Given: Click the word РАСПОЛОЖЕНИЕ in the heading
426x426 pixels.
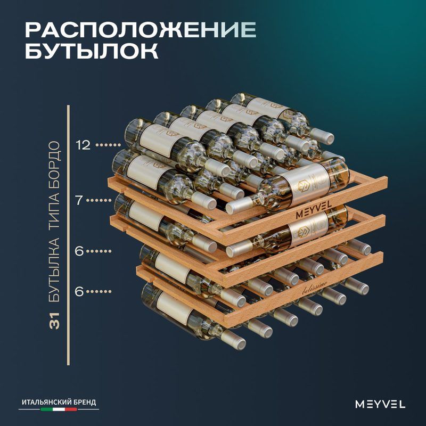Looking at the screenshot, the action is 141,30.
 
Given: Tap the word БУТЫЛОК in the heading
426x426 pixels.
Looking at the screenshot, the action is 92,51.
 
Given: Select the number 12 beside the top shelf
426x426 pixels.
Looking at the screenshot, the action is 83,145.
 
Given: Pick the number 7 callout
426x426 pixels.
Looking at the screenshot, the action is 79,200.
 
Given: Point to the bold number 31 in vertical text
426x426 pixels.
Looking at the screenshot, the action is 54,321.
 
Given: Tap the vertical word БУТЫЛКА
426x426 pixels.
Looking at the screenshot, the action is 54,270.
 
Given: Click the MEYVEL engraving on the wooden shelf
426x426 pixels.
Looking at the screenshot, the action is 314,210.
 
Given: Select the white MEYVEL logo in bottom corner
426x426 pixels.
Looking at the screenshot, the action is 380,404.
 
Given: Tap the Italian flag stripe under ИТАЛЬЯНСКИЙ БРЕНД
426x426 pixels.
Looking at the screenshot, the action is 59,409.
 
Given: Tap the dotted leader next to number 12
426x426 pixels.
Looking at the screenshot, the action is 108,145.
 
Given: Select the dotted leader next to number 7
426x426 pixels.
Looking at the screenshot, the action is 101,201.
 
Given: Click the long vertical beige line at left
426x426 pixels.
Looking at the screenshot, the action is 68,235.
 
